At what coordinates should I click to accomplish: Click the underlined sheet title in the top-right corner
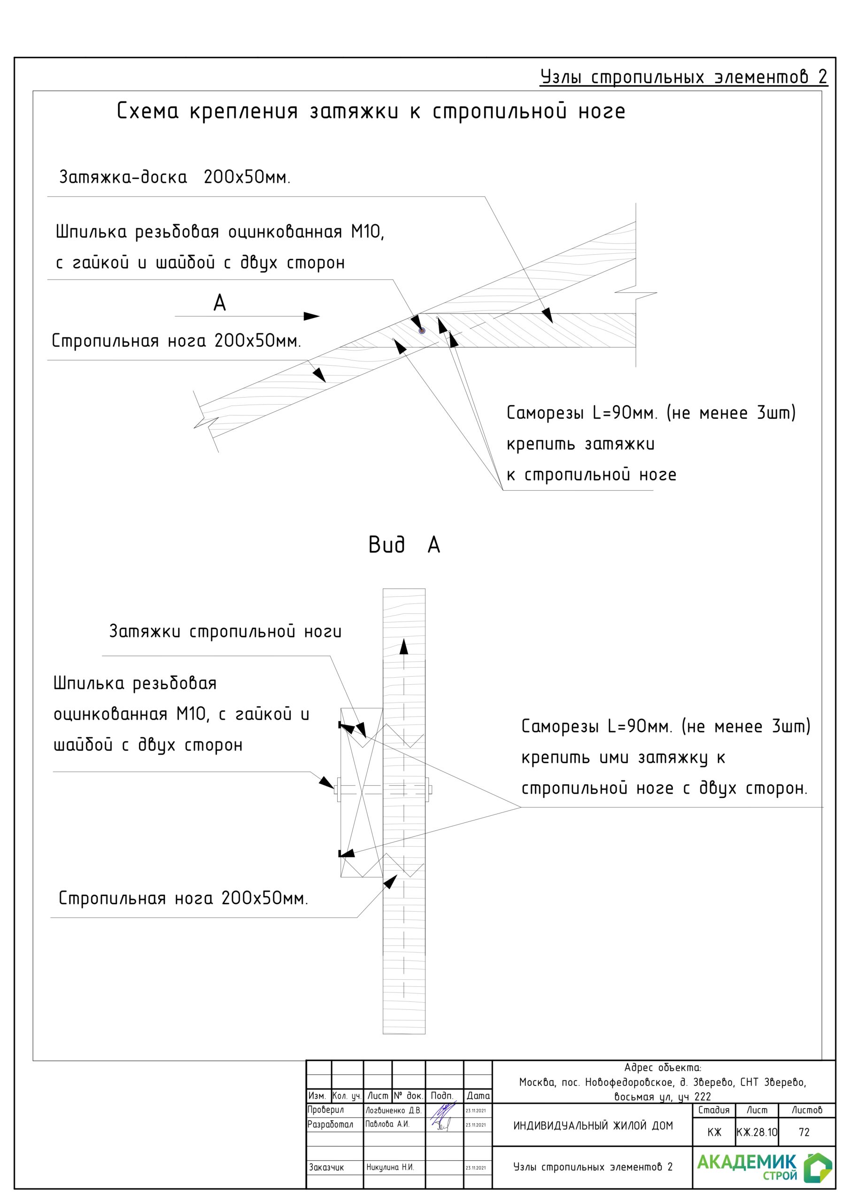coord(683,77)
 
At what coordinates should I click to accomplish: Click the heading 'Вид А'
coord(404,545)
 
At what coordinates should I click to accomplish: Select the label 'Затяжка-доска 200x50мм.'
coord(174,177)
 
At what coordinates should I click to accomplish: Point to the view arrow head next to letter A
coord(312,316)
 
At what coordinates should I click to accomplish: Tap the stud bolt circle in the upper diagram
coord(422,331)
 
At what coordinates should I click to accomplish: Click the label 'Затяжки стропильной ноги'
coord(225,632)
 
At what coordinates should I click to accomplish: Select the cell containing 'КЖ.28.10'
coord(757,1132)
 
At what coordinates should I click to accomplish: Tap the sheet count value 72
coord(804,1132)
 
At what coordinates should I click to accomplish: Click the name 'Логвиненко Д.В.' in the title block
coord(394,1110)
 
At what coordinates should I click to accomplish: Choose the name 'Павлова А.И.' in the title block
coord(387,1124)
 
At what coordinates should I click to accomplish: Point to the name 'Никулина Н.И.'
coord(390,1167)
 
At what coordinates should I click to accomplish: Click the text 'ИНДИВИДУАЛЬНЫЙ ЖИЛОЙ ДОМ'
coord(593,1125)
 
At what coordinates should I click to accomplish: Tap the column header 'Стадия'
coord(714,1110)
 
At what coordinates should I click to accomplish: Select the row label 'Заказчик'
coord(326,1167)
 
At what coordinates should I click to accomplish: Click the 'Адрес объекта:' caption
coord(663,1068)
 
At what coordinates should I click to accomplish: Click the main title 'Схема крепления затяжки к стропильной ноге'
coord(371,111)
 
